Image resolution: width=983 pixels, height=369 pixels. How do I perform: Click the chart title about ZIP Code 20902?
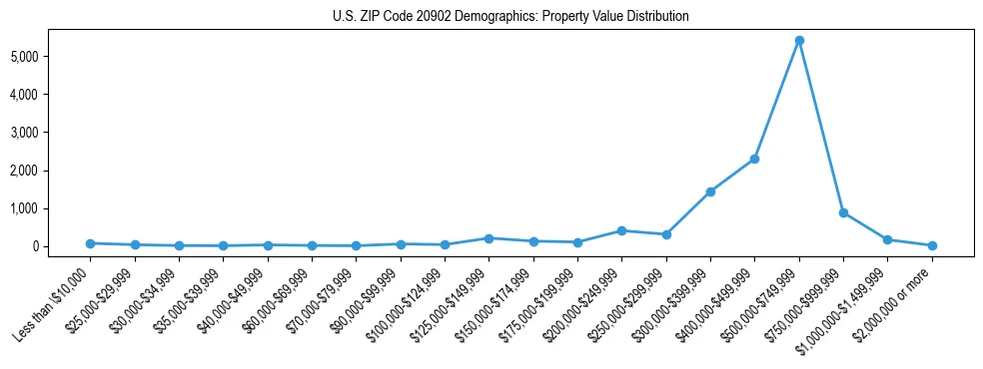[510, 17]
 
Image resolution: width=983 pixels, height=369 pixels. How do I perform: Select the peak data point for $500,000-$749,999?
[799, 41]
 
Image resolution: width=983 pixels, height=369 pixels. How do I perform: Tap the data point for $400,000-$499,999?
[754, 159]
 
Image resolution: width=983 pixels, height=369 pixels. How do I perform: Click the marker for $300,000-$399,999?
[710, 191]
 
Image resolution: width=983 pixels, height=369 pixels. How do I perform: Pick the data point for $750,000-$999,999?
[843, 212]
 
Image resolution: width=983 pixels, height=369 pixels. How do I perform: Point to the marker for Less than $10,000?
[90, 243]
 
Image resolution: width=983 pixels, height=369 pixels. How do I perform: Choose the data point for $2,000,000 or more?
[932, 245]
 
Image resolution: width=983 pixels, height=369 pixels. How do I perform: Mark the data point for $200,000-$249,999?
[621, 230]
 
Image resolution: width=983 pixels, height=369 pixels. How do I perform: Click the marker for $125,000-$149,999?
[489, 238]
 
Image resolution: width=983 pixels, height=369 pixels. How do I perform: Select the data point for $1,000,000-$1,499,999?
[887, 239]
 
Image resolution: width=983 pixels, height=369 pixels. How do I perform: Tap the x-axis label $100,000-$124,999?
[410, 299]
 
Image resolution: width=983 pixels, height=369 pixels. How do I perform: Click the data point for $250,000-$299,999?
[666, 234]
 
